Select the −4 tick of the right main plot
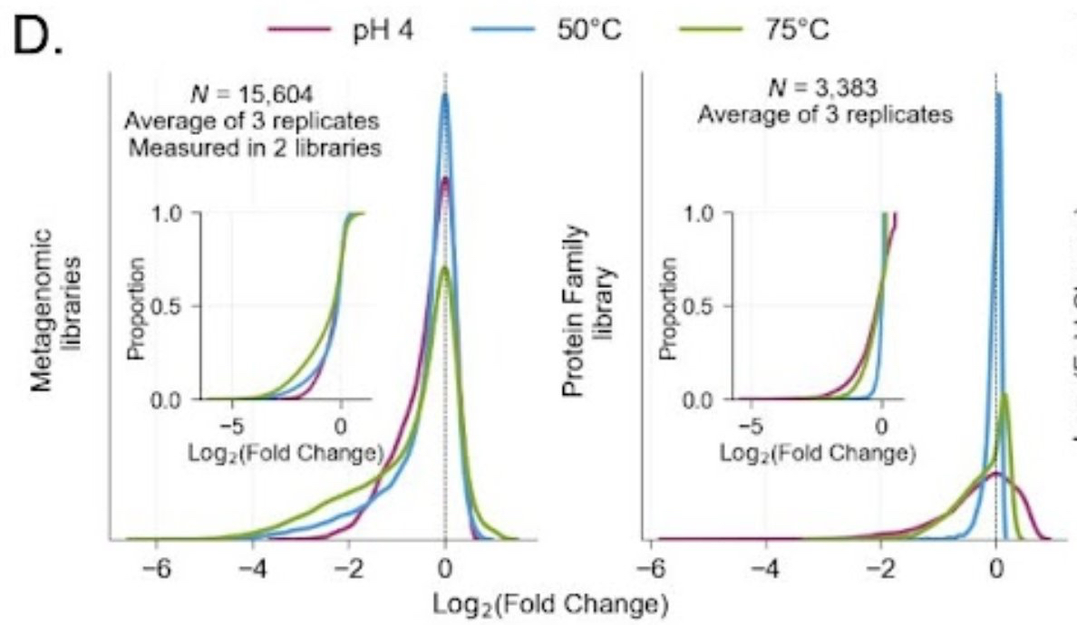coord(766,571)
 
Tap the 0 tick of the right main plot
coord(996,571)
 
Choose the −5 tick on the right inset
coord(749,423)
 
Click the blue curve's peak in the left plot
coord(445,94)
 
